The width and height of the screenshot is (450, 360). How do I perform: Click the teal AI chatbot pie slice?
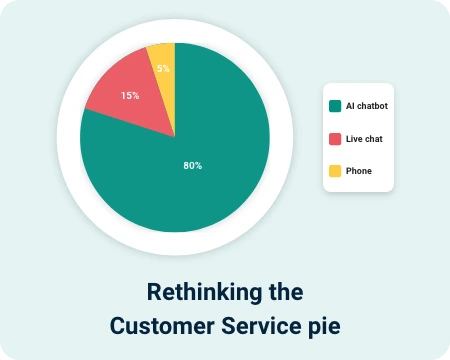pyautogui.click(x=200, y=173)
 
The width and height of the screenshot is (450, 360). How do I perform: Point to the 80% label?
pyautogui.click(x=193, y=166)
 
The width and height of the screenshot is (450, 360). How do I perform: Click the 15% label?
pyautogui.click(x=130, y=96)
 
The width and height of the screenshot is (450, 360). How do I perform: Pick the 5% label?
pyautogui.click(x=163, y=68)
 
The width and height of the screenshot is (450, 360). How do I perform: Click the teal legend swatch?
pyautogui.click(x=335, y=106)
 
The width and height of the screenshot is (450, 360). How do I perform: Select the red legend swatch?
pyautogui.click(x=335, y=139)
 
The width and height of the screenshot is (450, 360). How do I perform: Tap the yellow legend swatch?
pyautogui.click(x=335, y=171)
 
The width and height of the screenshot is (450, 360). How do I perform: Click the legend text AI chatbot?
pyautogui.click(x=367, y=106)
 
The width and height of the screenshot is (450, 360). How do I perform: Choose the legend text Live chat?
pyautogui.click(x=364, y=139)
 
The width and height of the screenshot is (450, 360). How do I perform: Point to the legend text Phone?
pyautogui.click(x=359, y=171)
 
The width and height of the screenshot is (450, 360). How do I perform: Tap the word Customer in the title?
pyautogui.click(x=162, y=326)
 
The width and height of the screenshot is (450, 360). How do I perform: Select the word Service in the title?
pyautogui.click(x=261, y=326)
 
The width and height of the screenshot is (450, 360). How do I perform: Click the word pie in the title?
pyautogui.click(x=324, y=327)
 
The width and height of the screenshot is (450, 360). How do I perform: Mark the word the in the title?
pyautogui.click(x=286, y=292)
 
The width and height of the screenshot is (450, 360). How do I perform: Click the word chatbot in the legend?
pyautogui.click(x=372, y=106)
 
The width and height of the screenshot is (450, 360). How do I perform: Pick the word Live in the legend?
pyautogui.click(x=353, y=139)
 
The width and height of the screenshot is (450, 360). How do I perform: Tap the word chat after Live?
pyautogui.click(x=373, y=139)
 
